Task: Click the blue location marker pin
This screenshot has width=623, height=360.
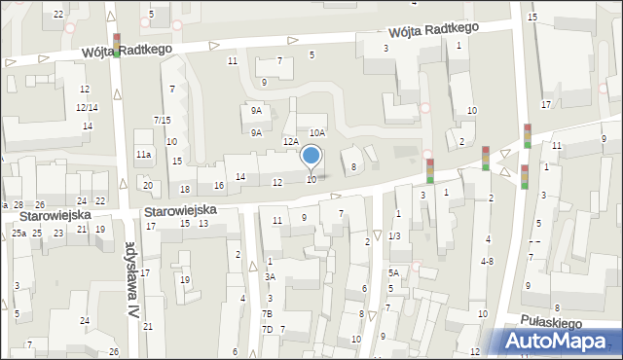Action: [x=311, y=157]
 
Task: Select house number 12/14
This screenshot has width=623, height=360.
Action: [x=87, y=107]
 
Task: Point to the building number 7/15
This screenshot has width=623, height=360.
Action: [x=163, y=120]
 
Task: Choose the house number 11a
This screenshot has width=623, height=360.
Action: [x=144, y=155]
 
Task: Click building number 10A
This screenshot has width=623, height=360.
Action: [x=317, y=132]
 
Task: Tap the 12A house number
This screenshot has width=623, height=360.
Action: [x=290, y=142]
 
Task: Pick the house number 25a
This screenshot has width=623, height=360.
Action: [x=18, y=234]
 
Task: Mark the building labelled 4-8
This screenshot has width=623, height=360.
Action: [x=487, y=261]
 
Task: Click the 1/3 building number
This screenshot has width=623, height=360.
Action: [x=394, y=236]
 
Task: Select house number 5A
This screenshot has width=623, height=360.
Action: [x=394, y=273]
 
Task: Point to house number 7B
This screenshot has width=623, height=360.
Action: [x=267, y=314]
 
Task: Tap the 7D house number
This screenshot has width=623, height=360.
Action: [x=267, y=329]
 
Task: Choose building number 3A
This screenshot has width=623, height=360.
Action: [x=271, y=276]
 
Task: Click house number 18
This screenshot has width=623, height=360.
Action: [x=184, y=189]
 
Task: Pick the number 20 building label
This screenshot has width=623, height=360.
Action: [x=148, y=185]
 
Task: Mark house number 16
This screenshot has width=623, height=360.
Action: [x=219, y=185]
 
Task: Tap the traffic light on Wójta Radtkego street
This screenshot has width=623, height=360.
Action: [x=117, y=45]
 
